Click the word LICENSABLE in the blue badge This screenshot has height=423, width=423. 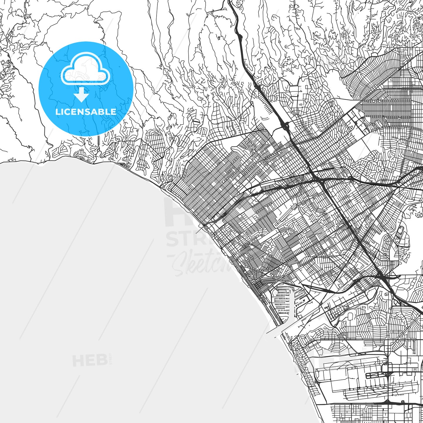pyautogui.click(x=86, y=112)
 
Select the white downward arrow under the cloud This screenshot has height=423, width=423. pyautogui.click(x=81, y=96)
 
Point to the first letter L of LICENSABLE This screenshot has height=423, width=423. pyautogui.click(x=57, y=112)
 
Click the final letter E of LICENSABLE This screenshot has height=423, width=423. pyautogui.click(x=114, y=112)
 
